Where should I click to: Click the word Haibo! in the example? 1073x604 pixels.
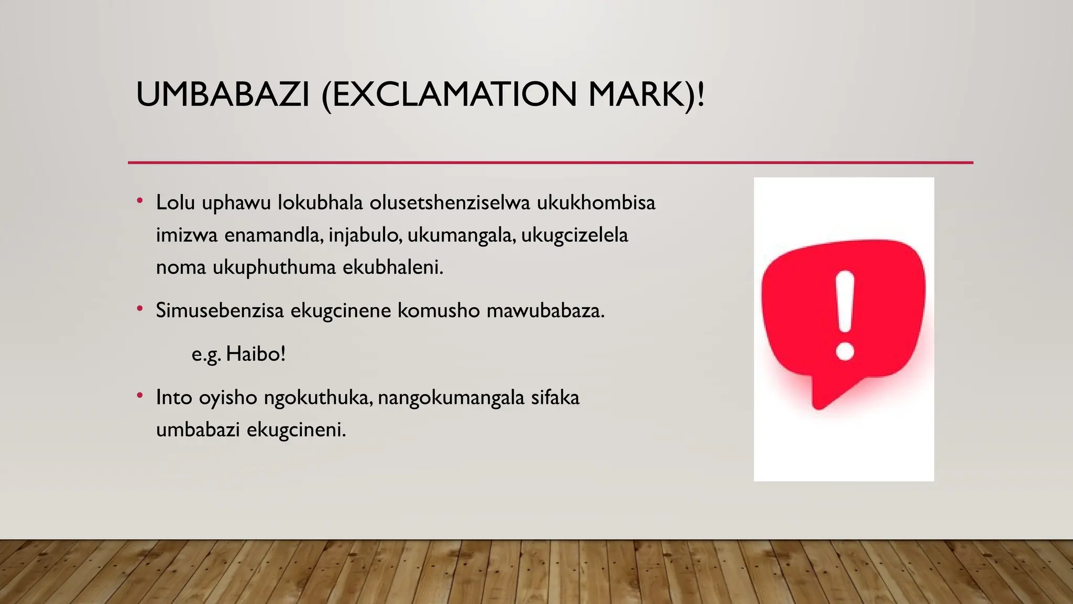pyautogui.click(x=256, y=354)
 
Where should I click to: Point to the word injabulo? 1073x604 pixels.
pyautogui.click(x=365, y=235)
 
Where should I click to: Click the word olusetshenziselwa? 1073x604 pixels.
pyautogui.click(x=450, y=202)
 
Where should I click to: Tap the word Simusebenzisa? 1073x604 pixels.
pyautogui.click(x=220, y=310)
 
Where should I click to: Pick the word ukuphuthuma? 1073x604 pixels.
pyautogui.click(x=274, y=267)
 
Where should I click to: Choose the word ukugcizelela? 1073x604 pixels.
pyautogui.click(x=574, y=235)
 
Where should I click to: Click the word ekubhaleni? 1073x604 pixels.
pyautogui.click(x=393, y=267)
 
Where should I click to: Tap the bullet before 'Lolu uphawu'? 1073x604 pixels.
pyautogui.click(x=139, y=201)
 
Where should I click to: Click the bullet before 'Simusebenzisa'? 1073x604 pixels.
pyautogui.click(x=139, y=309)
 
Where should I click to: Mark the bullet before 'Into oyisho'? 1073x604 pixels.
pyautogui.click(x=139, y=396)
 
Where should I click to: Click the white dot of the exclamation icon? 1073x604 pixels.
pyautogui.click(x=845, y=350)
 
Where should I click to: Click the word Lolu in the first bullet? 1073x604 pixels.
pyautogui.click(x=176, y=202)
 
